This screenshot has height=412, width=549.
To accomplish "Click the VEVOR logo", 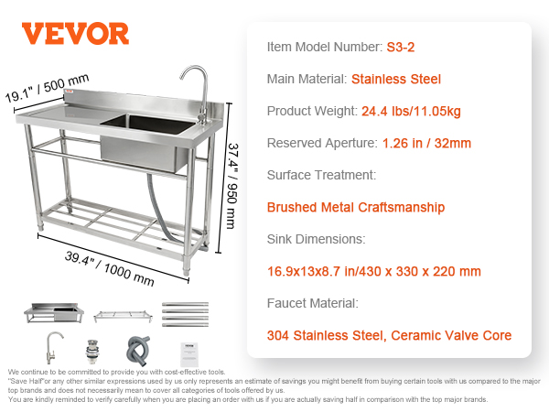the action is coord(75,34).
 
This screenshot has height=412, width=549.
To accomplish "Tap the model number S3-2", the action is coord(401,47).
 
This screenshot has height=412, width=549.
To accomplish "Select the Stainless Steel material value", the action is coord(396,79).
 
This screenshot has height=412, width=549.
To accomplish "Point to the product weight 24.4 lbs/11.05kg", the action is coord(411,112).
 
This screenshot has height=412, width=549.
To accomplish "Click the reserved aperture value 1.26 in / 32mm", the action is coord(426,144).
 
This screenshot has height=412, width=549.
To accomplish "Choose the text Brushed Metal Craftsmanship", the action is coord(356,208).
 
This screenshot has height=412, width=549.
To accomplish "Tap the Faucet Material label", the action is coord(313,303).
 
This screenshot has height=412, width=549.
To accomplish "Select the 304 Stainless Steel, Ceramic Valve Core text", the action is coord(389,335).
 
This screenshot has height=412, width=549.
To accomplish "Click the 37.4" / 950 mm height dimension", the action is coord(232,186).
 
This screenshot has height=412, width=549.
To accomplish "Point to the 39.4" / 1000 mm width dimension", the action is coord(109,268).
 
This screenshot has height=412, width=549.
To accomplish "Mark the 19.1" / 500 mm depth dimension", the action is coord(47,88).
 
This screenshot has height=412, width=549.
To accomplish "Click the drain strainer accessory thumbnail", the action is coord(91,352).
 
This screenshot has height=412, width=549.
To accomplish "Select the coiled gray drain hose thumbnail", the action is coord(138,351).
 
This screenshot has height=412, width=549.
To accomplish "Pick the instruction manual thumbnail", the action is coord(189,354).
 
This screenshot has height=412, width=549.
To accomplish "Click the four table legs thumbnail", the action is coord(185,314).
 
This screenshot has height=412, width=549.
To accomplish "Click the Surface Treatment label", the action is coord(321,175).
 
